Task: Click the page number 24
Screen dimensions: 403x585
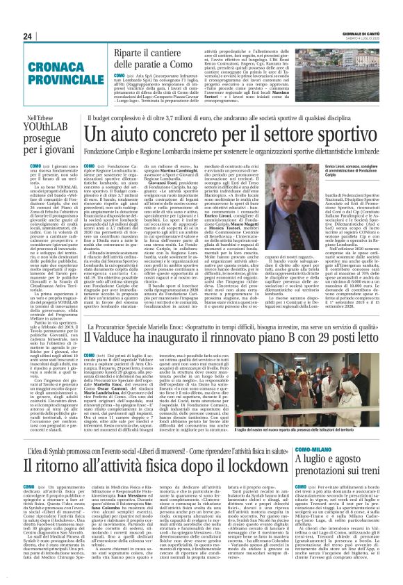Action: click(27, 36)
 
